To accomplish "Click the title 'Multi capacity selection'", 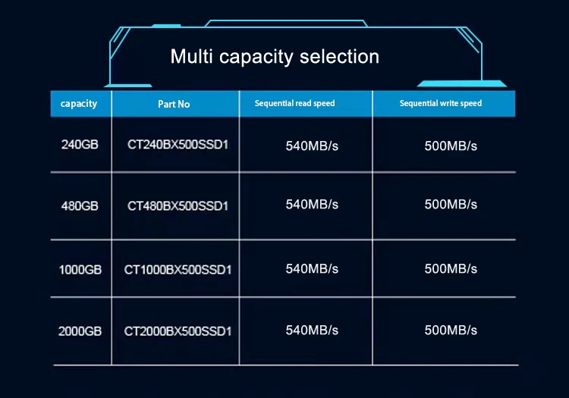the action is click(275, 57).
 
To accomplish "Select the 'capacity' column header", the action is click(79, 103).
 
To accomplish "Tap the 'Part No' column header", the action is click(174, 104).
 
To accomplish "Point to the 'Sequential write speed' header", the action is click(441, 103).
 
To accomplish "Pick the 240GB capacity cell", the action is click(80, 145).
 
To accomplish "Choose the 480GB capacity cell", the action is click(80, 205).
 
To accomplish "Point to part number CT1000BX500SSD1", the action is click(178, 269).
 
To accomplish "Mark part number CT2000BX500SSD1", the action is click(178, 331).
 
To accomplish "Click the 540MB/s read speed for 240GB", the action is click(312, 146).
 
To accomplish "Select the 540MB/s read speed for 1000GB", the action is click(312, 269).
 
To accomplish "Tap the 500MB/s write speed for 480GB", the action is click(451, 205).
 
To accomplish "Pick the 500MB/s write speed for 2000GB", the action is click(451, 331).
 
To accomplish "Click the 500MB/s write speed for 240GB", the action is click(451, 146).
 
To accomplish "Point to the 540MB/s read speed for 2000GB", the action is click(312, 331).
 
